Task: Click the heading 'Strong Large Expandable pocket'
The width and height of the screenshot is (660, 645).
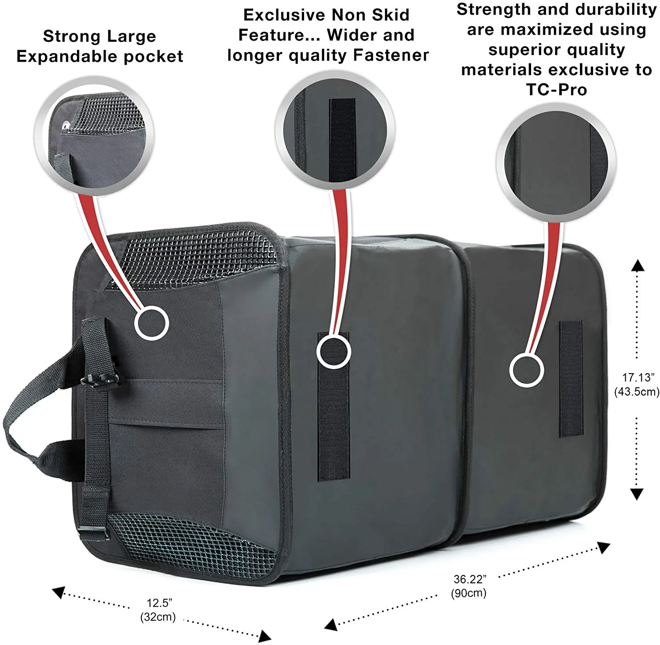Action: point(99,46)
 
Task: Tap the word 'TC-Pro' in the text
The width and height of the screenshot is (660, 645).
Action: point(556,89)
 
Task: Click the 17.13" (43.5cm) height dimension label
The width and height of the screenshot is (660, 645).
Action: point(637,384)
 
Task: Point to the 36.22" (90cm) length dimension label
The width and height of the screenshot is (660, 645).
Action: point(469,586)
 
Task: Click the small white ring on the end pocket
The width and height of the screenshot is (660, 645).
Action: point(151,323)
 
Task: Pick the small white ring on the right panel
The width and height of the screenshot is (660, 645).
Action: point(526,371)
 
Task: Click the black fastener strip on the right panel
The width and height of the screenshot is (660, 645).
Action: point(571,379)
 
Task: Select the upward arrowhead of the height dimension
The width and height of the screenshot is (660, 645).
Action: point(637,265)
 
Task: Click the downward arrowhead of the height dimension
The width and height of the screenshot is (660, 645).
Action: point(637,493)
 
